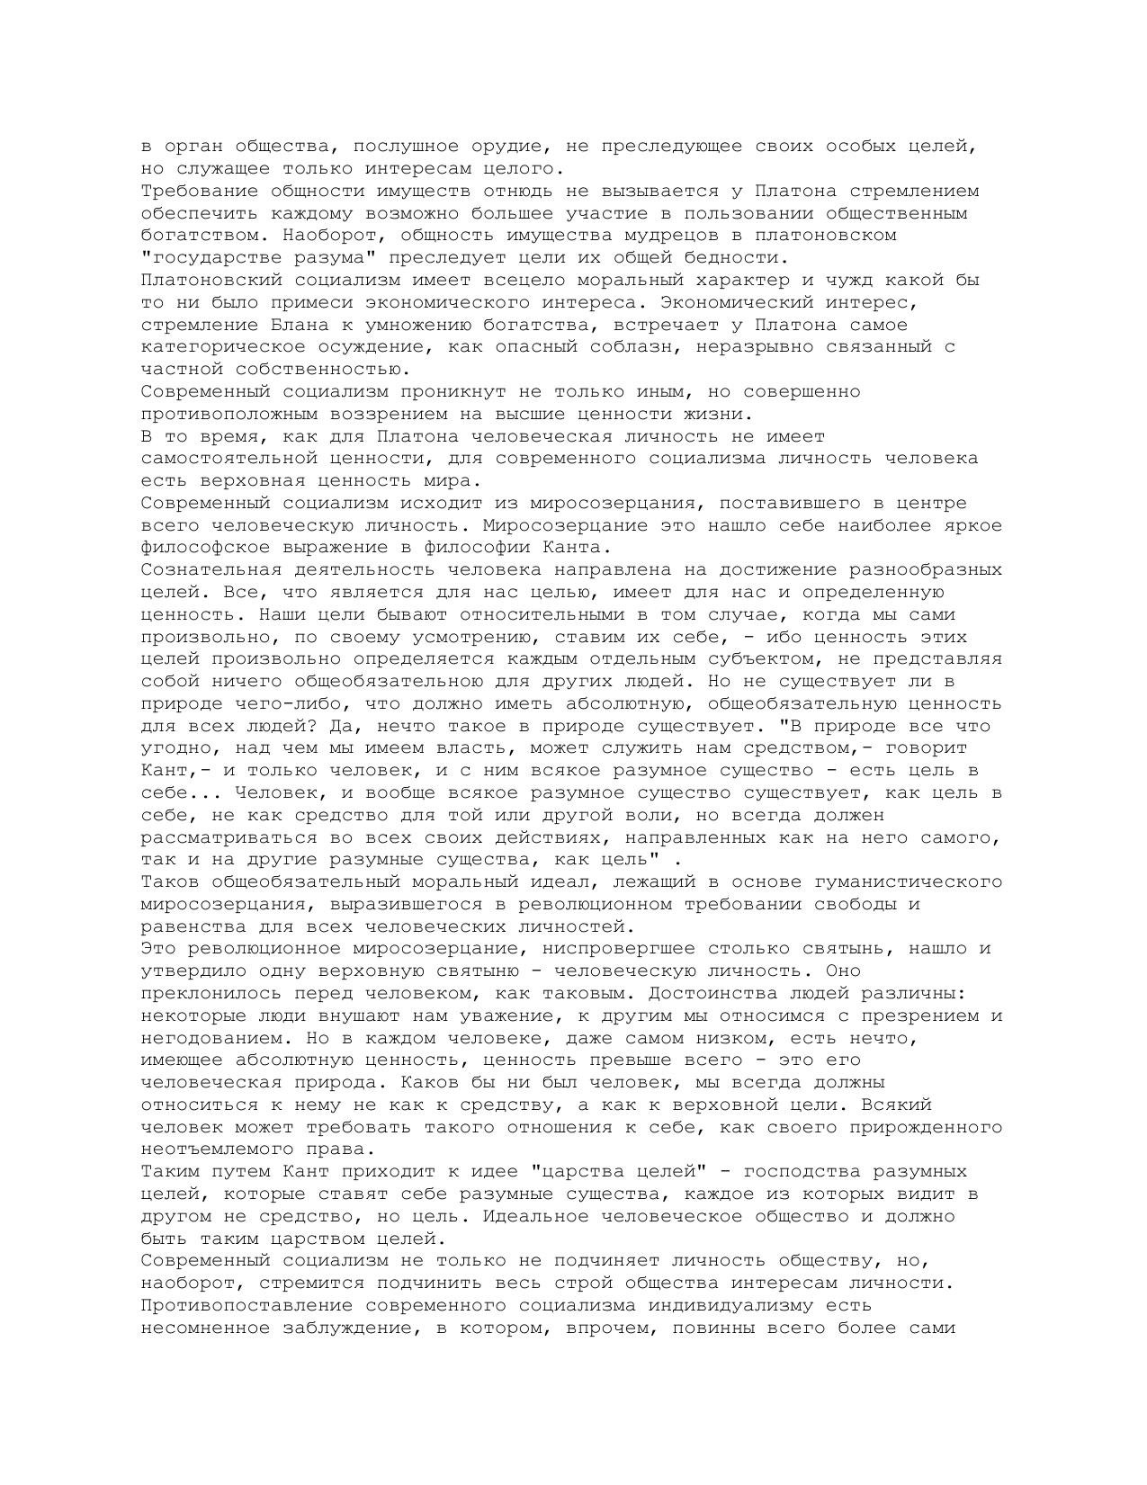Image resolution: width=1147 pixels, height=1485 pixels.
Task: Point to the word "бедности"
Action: coord(739,258)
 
